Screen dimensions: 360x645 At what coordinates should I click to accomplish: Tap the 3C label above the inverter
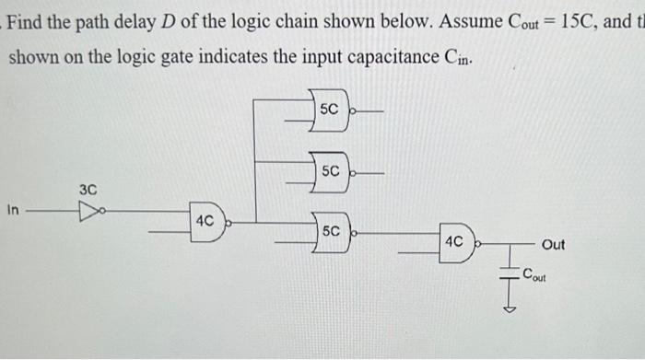pyautogui.click(x=88, y=189)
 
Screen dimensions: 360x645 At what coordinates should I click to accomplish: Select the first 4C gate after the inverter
pyautogui.click(x=207, y=222)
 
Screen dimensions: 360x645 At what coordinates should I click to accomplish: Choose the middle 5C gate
pyautogui.click(x=332, y=170)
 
